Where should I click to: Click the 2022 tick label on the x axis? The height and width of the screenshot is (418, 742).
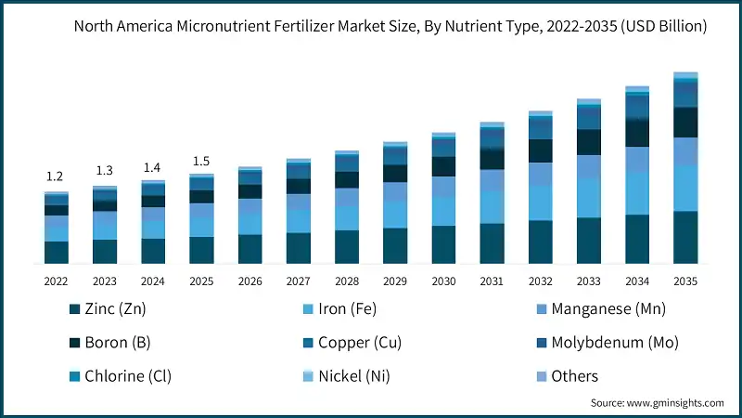coord(57,281)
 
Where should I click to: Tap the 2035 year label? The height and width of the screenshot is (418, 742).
coord(685,281)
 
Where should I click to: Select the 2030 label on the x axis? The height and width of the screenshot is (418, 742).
coord(443,281)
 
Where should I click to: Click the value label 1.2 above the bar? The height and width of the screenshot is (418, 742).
coord(56,176)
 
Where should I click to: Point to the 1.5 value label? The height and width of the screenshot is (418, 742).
coord(201,162)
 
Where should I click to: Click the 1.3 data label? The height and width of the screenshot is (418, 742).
coord(105,171)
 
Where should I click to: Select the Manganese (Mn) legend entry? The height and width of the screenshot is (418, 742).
coord(600,309)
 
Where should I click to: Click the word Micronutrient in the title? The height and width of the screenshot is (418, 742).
coord(217,27)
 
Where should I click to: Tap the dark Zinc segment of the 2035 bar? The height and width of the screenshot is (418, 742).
coord(685,238)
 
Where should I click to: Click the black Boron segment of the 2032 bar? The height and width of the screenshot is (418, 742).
coord(541,150)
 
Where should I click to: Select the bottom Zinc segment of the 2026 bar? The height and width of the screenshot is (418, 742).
coord(249,249)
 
